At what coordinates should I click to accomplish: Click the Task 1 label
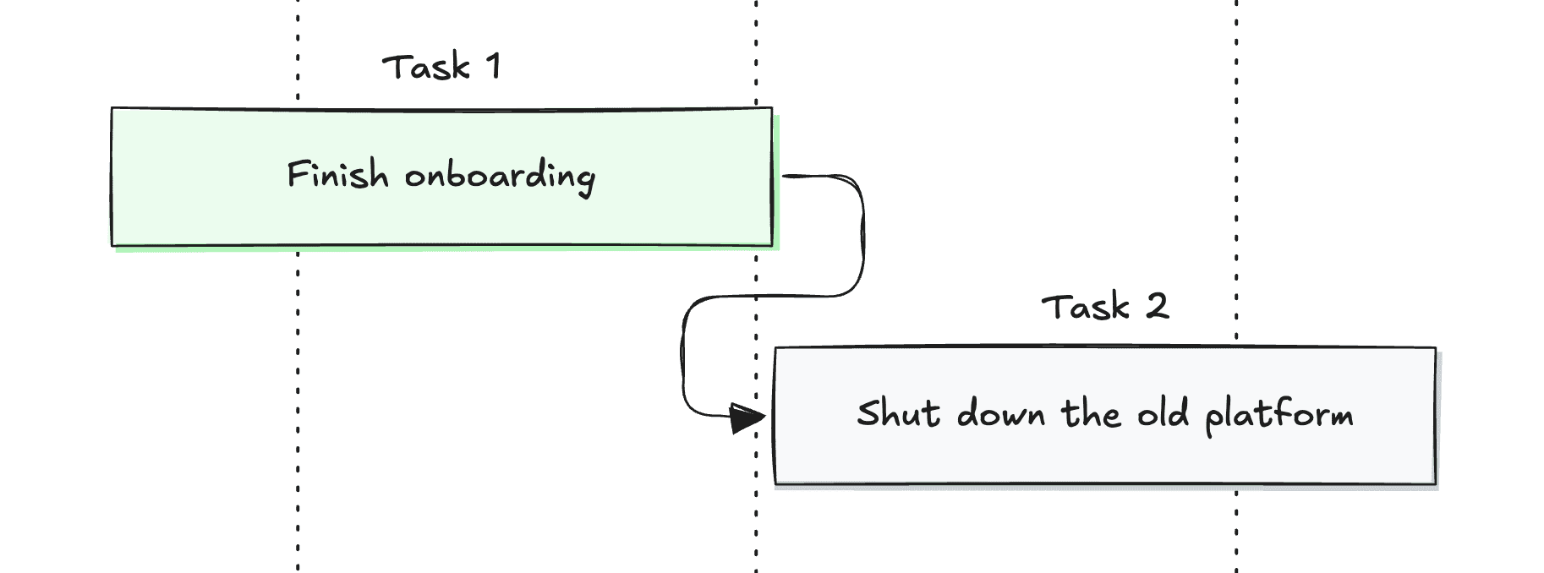coord(441,67)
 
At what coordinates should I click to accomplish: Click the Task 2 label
coord(1104,306)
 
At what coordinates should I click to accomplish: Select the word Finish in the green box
coord(337,175)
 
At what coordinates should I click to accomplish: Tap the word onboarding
coord(500,177)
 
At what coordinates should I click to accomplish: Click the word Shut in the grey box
coord(898,413)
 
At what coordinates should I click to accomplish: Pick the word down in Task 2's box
coord(1001,413)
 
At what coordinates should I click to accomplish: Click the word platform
coord(1278,415)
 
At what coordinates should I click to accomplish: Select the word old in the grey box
coord(1163,413)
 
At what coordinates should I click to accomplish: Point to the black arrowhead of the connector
coord(747,417)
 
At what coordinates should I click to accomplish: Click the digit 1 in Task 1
coord(493,66)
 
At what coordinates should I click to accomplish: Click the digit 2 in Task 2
coord(1158,305)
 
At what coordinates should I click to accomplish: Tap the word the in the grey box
coord(1091,413)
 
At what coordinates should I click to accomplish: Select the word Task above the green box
coord(425,67)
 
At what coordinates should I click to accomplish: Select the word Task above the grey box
coord(1086,306)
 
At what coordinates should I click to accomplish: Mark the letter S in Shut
coord(868,413)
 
